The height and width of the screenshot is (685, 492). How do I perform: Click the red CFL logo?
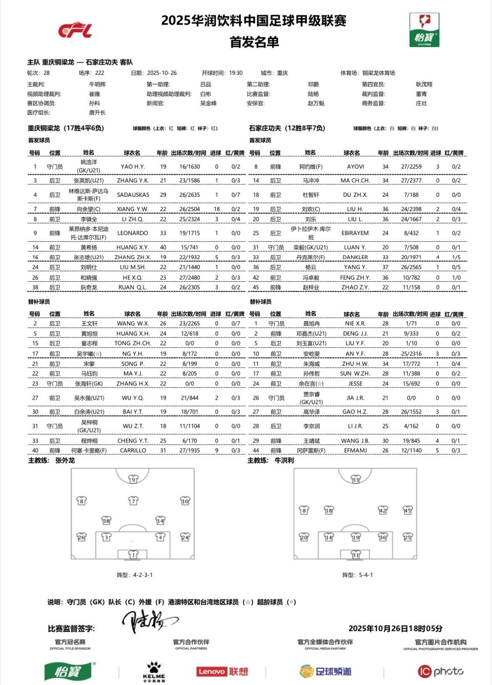[x=75, y=30]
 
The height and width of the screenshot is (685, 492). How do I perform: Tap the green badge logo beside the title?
[x=424, y=29]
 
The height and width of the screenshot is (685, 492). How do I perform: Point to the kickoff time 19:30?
[x=236, y=73]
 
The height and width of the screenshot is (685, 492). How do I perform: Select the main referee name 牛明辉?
[x=97, y=85]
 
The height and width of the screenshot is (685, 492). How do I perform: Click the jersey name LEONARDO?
[x=133, y=233]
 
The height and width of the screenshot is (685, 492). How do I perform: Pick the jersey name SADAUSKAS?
[x=133, y=195]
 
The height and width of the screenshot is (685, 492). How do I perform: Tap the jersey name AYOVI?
[x=355, y=167]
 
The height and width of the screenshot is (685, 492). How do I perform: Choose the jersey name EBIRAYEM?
[x=355, y=233]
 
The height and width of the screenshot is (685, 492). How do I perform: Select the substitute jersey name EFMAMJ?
[x=355, y=451]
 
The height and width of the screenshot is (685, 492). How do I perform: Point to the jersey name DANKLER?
[x=355, y=258]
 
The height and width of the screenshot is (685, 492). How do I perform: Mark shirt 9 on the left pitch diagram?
[x=133, y=480]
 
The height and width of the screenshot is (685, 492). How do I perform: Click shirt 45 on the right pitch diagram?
[x=407, y=510]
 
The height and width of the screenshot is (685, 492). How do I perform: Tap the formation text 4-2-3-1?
[x=143, y=575]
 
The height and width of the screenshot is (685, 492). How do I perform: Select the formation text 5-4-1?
[x=365, y=575]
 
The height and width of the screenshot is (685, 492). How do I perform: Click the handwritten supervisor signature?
[x=149, y=620]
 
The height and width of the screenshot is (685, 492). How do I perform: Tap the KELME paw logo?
[x=154, y=670]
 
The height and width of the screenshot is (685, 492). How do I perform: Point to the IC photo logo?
[x=441, y=671]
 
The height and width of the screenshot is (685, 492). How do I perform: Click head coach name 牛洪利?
[x=284, y=461]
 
